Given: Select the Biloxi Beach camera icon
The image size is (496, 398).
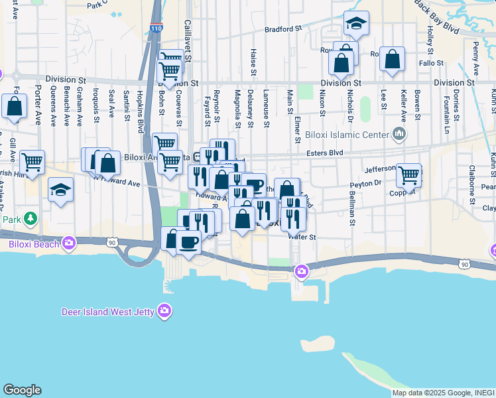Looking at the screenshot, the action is tap(70, 243).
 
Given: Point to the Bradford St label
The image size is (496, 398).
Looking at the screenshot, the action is tap(283, 29).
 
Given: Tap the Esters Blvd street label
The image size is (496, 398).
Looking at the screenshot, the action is tap(324, 152).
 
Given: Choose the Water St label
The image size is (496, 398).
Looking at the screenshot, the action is tap(302, 236).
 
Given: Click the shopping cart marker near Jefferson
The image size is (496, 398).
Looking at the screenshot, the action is tap(408, 174).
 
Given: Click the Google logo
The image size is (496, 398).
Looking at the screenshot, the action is tap(22, 390).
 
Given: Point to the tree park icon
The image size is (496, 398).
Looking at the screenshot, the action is tap(29, 218).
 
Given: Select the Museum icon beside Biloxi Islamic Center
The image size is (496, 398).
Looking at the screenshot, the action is tap(399, 135).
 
